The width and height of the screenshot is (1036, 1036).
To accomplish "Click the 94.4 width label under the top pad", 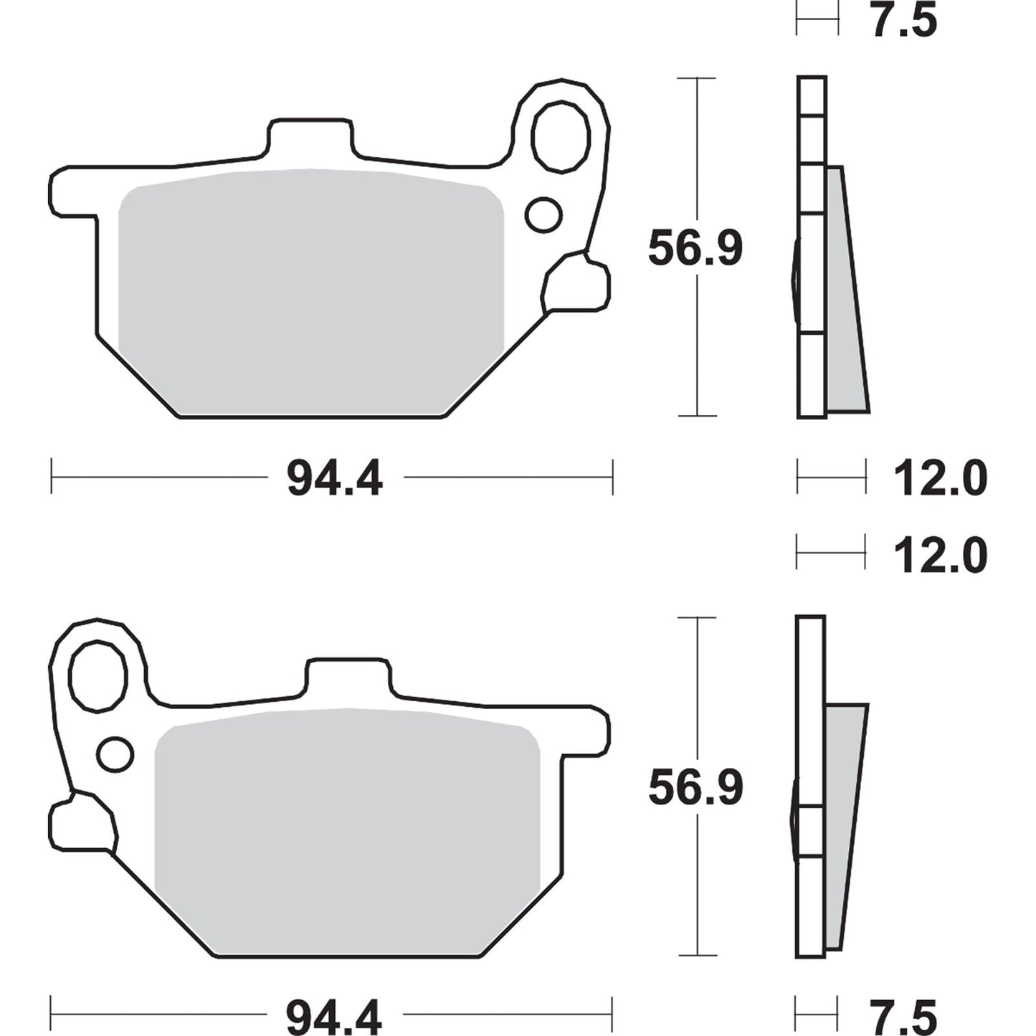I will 334,478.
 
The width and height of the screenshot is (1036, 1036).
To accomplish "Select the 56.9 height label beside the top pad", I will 695,248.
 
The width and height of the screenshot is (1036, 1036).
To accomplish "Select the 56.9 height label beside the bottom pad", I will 695,787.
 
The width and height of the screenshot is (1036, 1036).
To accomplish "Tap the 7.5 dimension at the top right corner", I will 903,20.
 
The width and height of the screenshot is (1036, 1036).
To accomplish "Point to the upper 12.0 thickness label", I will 940,478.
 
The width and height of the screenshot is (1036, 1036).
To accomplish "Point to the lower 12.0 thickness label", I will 940,556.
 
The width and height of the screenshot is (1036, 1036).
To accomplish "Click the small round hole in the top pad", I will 543,214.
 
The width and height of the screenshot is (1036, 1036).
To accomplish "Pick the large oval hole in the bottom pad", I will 98,675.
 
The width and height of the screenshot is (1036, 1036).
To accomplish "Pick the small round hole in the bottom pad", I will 115,753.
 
